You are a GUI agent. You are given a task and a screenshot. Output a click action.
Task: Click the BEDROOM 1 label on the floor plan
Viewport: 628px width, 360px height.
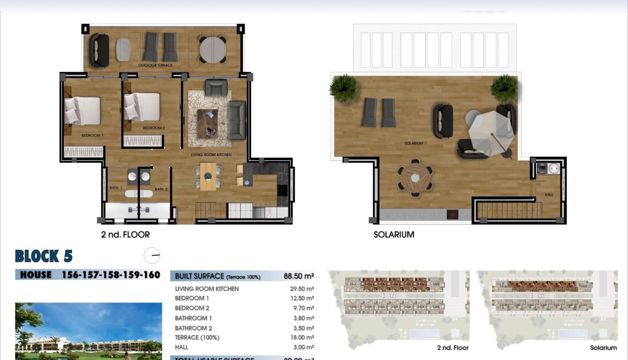click(x=92, y=136)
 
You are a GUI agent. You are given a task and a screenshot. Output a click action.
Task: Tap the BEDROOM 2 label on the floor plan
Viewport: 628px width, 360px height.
click(x=154, y=128)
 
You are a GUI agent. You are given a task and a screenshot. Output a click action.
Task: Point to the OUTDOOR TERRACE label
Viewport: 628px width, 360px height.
click(x=155, y=65)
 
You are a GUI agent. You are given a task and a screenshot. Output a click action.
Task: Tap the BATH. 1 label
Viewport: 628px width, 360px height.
click(x=116, y=188)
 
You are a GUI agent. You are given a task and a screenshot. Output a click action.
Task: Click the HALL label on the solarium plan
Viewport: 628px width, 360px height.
click(x=549, y=195)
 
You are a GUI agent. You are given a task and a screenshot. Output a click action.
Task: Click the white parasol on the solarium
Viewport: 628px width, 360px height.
click(x=491, y=130)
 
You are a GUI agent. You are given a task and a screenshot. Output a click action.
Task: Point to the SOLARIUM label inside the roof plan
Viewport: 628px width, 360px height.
click(x=413, y=143)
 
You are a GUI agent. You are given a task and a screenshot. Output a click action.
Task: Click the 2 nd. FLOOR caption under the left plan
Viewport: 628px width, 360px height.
click(x=125, y=234)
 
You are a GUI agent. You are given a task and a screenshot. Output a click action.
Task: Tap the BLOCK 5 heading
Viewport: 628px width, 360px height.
click(x=44, y=256)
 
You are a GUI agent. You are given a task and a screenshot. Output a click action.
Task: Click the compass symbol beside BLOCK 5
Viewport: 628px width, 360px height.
click(x=152, y=256)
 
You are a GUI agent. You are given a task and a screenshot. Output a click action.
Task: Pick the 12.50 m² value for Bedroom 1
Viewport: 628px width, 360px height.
click(x=303, y=299)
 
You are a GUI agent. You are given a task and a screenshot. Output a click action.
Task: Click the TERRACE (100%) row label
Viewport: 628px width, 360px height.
click(x=197, y=338)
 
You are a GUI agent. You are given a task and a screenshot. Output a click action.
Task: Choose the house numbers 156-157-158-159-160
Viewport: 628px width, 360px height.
click(x=110, y=275)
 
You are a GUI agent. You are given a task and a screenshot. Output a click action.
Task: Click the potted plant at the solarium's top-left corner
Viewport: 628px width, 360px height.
click(x=343, y=88)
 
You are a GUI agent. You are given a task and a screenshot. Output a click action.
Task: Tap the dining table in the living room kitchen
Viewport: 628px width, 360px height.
click(x=208, y=176)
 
